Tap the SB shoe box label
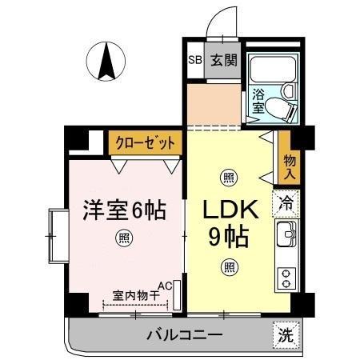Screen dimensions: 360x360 click(x=194, y=60)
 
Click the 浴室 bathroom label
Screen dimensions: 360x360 click(x=258, y=101)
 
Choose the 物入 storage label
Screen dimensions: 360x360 click(x=290, y=167)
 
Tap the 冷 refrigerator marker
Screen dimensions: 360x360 click(x=286, y=203)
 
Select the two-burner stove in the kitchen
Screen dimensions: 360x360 click(x=286, y=277)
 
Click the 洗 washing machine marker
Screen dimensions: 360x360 click(x=286, y=337)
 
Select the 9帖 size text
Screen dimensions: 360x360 click(x=230, y=237)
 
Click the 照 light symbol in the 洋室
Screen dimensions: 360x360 click(x=125, y=237)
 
